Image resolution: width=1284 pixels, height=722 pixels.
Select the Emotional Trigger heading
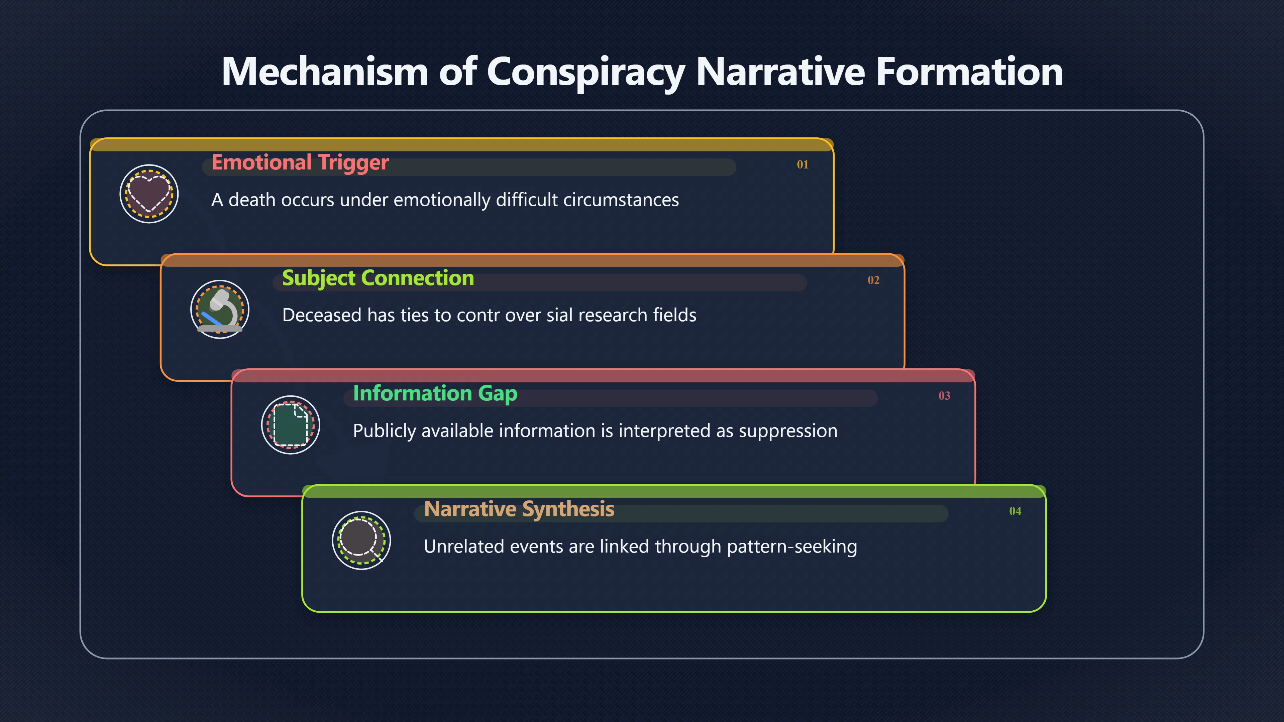tap(300, 163)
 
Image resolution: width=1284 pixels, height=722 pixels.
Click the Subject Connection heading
tap(378, 278)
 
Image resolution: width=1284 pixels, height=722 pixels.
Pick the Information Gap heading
tap(435, 394)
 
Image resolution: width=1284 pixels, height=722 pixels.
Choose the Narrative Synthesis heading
tap(519, 509)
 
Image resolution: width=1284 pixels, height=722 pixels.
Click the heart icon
tap(149, 194)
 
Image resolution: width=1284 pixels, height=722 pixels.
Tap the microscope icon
tap(220, 310)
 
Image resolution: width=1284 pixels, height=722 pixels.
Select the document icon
tap(291, 425)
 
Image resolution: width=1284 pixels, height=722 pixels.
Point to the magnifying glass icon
tap(361, 540)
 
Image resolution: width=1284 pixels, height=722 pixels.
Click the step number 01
tap(802, 164)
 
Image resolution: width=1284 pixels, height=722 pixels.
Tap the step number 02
tap(873, 280)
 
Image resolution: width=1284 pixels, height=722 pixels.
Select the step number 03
tap(944, 396)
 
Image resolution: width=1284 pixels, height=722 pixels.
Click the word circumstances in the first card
tap(621, 200)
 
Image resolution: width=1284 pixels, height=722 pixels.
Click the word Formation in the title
tap(969, 71)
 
